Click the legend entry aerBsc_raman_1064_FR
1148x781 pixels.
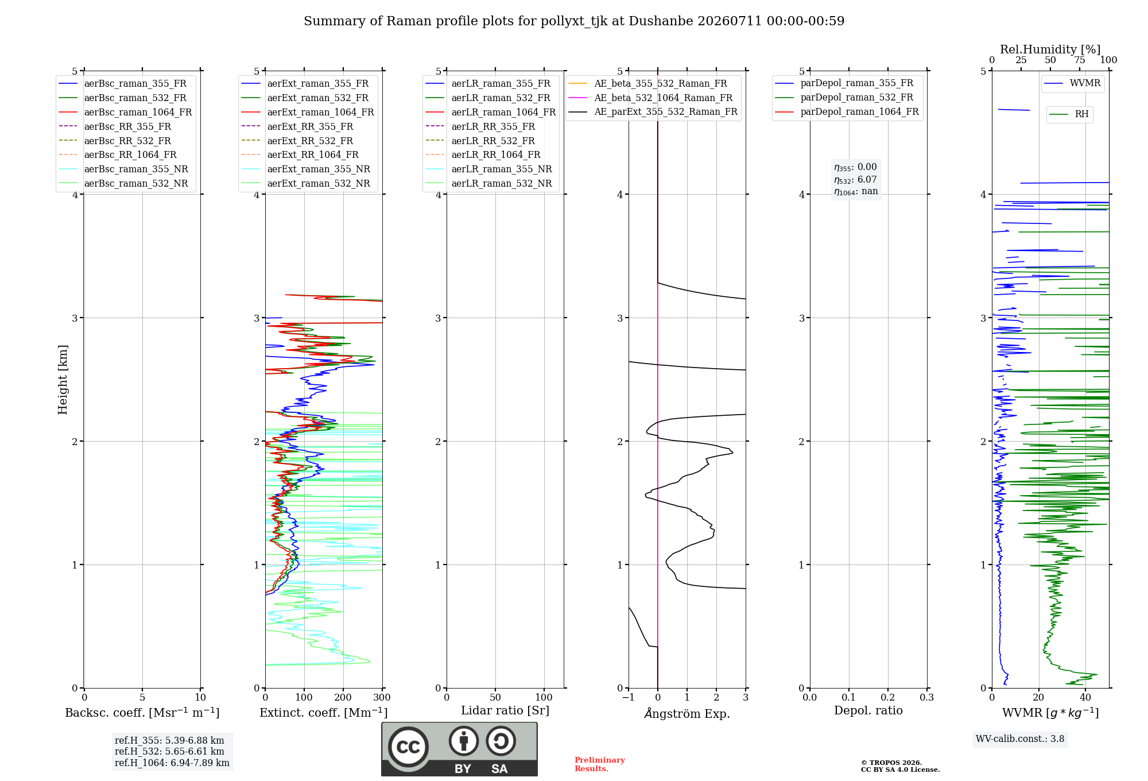[125, 112]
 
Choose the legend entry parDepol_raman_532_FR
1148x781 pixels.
[844, 98]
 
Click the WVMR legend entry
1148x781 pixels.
[1072, 83]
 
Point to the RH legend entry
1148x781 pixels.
[1069, 114]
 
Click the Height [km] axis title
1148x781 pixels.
[63, 380]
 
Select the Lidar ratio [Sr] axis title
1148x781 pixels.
[505, 710]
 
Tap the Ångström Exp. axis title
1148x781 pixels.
[687, 713]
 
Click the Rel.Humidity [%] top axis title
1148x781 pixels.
[1050, 49]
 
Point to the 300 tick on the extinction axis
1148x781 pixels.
[382, 697]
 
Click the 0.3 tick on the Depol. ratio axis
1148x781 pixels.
[927, 697]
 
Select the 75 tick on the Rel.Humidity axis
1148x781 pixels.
[1080, 60]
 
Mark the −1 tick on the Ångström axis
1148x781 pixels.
[629, 697]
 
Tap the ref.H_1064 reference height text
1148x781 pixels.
[172, 763]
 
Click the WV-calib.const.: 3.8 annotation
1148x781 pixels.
[1020, 739]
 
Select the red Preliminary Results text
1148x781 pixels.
[600, 764]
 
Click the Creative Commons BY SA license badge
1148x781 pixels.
[460, 749]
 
